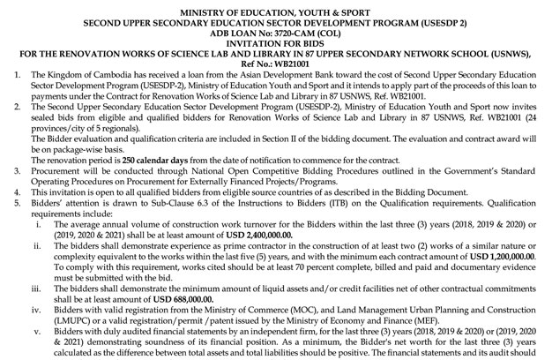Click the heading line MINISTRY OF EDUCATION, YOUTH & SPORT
[276, 7]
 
